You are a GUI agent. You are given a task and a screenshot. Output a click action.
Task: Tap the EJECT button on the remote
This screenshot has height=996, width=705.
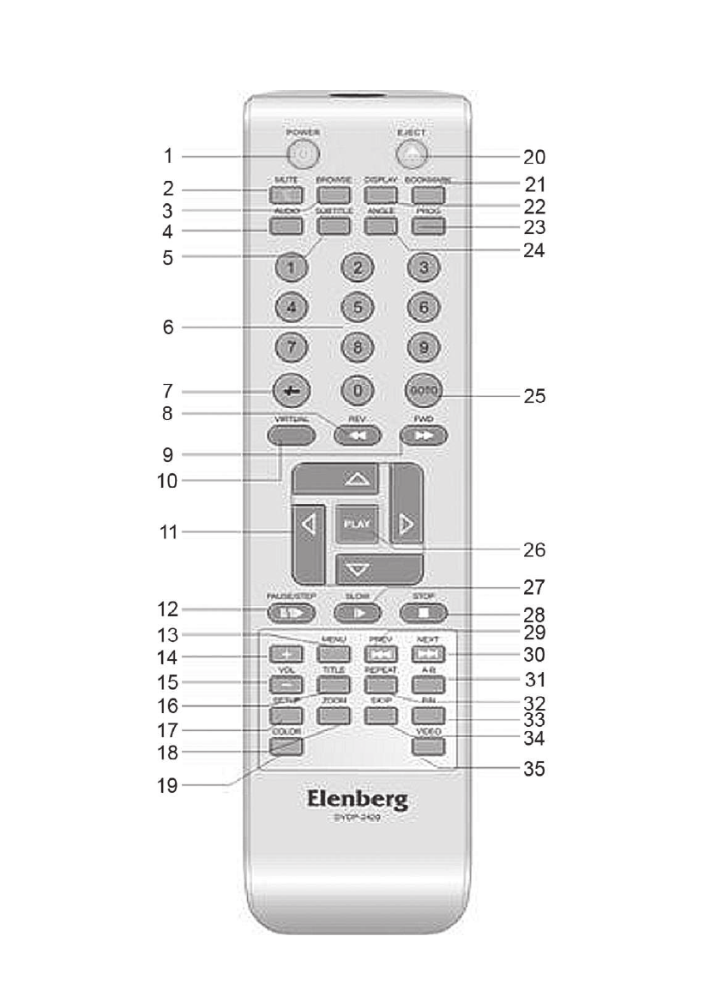click(413, 153)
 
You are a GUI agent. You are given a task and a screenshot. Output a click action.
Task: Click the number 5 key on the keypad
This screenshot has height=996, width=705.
click(359, 306)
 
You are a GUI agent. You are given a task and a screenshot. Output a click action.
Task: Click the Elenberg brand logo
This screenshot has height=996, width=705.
click(359, 801)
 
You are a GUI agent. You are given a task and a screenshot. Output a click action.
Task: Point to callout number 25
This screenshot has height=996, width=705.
click(533, 396)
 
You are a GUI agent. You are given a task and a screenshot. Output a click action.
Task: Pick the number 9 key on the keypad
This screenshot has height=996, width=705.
click(425, 348)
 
